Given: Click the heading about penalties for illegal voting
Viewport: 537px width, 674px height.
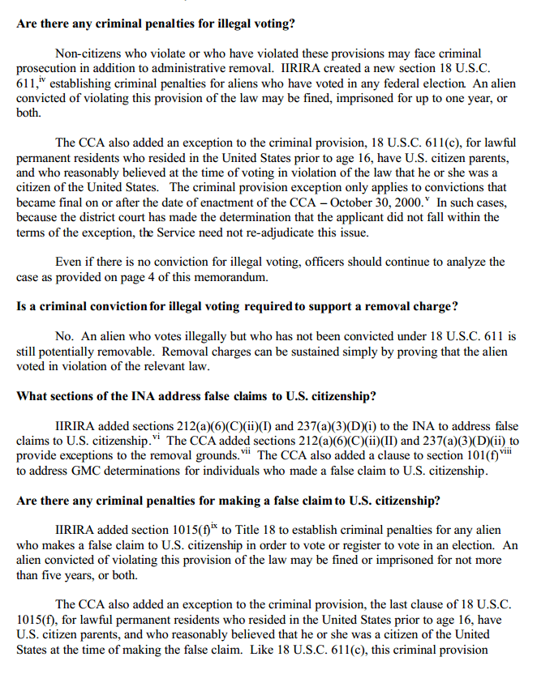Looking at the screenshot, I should pyautogui.click(x=155, y=23).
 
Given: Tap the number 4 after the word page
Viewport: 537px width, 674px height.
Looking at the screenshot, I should pyautogui.click(x=163, y=277).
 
